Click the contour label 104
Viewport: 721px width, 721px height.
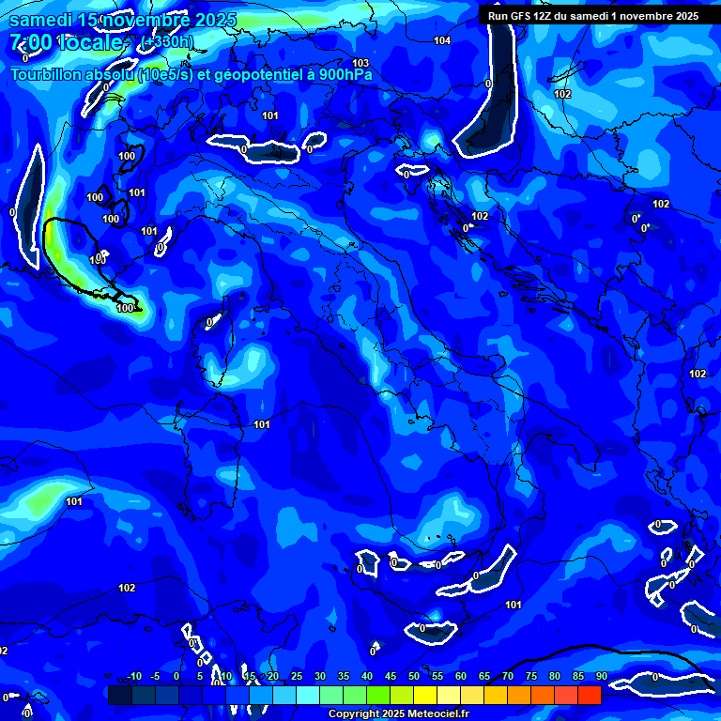pyautogui.click(x=442, y=40)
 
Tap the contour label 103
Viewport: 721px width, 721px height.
pyautogui.click(x=360, y=64)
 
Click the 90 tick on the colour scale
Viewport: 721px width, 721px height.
pyautogui.click(x=601, y=676)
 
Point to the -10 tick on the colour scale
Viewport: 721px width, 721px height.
pyautogui.click(x=134, y=676)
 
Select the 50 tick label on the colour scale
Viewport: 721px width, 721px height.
pyautogui.click(x=414, y=676)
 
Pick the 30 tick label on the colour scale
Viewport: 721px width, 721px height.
pyautogui.click(x=320, y=676)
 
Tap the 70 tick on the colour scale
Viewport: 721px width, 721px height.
pyautogui.click(x=508, y=676)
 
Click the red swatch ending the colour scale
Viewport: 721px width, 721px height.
pyautogui.click(x=590, y=695)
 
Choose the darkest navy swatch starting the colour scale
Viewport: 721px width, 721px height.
pyautogui.click(x=119, y=695)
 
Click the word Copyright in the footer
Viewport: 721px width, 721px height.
pyautogui.click(x=354, y=714)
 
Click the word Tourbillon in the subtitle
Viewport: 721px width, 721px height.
pyautogui.click(x=41, y=74)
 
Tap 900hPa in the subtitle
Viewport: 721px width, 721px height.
pyautogui.click(x=345, y=74)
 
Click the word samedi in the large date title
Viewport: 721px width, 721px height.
pyautogui.click(x=39, y=20)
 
